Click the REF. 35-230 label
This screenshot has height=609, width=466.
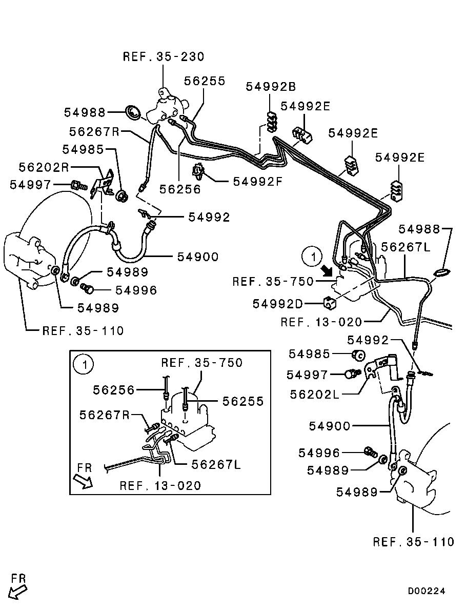(x=164, y=56)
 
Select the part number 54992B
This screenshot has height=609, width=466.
(x=271, y=86)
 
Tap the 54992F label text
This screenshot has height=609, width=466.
(x=258, y=181)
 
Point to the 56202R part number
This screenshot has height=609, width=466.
(x=44, y=167)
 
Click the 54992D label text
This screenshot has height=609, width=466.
(x=277, y=304)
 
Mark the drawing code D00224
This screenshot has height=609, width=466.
(x=427, y=591)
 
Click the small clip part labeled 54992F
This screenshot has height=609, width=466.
(x=197, y=171)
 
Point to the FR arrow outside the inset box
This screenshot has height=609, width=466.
(x=18, y=592)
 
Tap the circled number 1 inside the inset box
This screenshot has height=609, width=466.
(x=83, y=365)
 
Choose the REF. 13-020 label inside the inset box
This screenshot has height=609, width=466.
(x=160, y=485)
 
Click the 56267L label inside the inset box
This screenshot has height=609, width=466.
(x=216, y=464)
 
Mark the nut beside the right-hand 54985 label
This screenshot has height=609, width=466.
(x=359, y=354)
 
